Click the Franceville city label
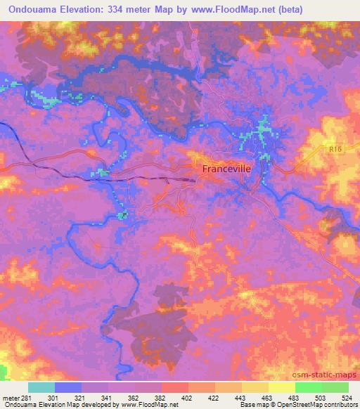(226, 169)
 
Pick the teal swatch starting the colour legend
(41, 388)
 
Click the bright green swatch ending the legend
(335, 388)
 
